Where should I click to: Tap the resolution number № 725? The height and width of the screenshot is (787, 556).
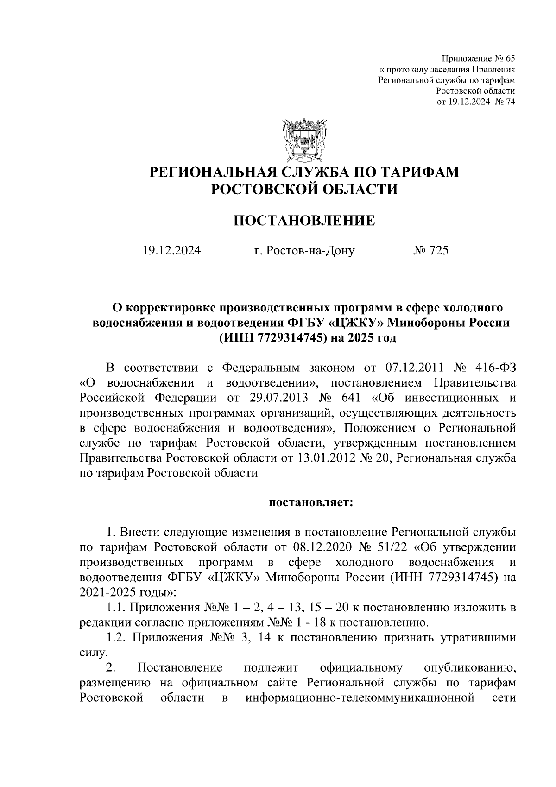430,251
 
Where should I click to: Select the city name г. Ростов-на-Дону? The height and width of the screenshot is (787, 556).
304,251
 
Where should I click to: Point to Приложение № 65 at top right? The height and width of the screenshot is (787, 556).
478,58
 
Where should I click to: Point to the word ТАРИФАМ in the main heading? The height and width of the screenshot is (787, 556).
420,172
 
